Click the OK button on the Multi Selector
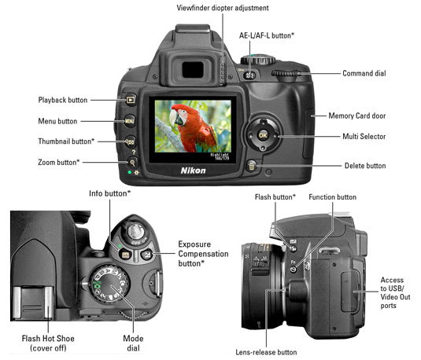pos(263,135)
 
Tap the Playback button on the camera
pos(131,100)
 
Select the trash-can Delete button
pos(252,167)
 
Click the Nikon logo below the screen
pos(193,171)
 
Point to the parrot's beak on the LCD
pos(174,119)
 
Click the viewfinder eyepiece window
pos(193,70)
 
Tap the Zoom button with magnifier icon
pos(132,162)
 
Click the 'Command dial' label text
pos(364,73)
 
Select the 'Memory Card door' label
pos(357,116)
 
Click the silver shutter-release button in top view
pos(135,231)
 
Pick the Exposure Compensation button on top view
pos(147,254)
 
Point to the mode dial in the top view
pos(109,285)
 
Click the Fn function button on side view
pos(294,269)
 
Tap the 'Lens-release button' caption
pos(266,352)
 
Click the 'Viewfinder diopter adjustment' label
pos(223,8)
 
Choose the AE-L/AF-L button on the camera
pos(249,75)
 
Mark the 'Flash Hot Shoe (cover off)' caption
pos(48,343)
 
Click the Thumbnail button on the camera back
pos(130,141)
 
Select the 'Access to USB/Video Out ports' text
pos(395,292)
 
